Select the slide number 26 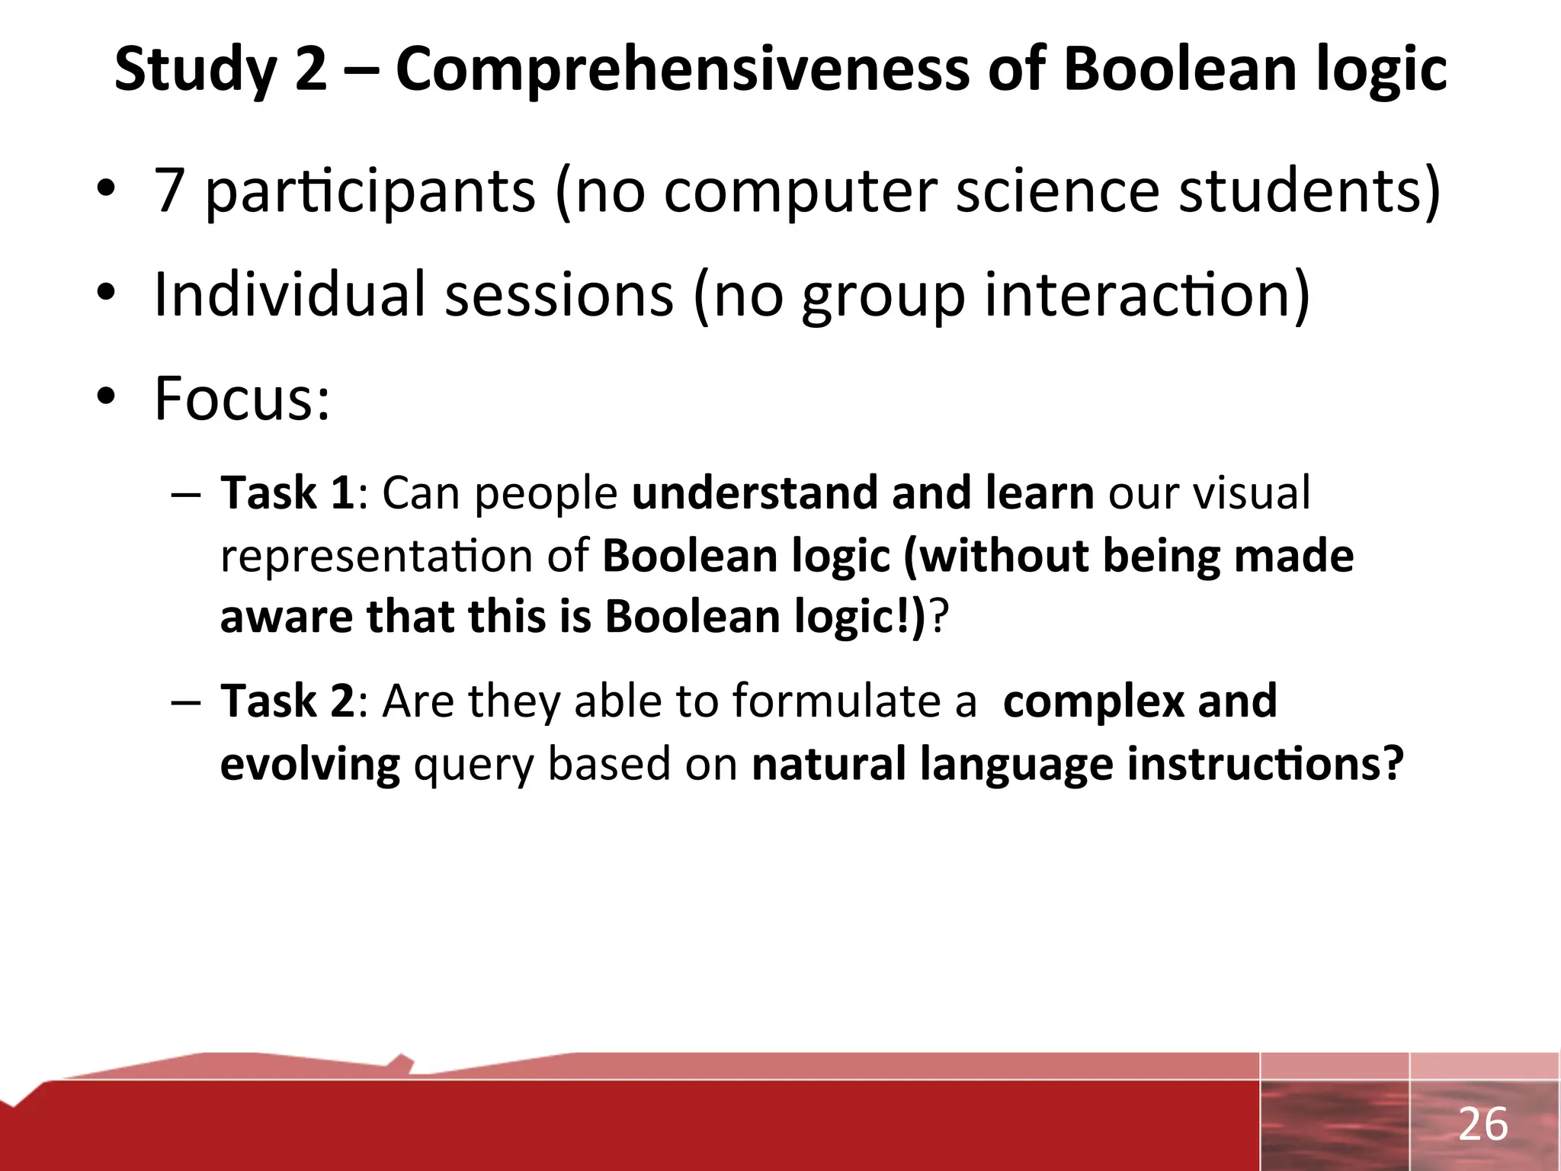[x=1482, y=1124]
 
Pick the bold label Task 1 [x=287, y=493]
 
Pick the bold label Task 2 [x=287, y=701]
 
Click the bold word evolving [x=309, y=765]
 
